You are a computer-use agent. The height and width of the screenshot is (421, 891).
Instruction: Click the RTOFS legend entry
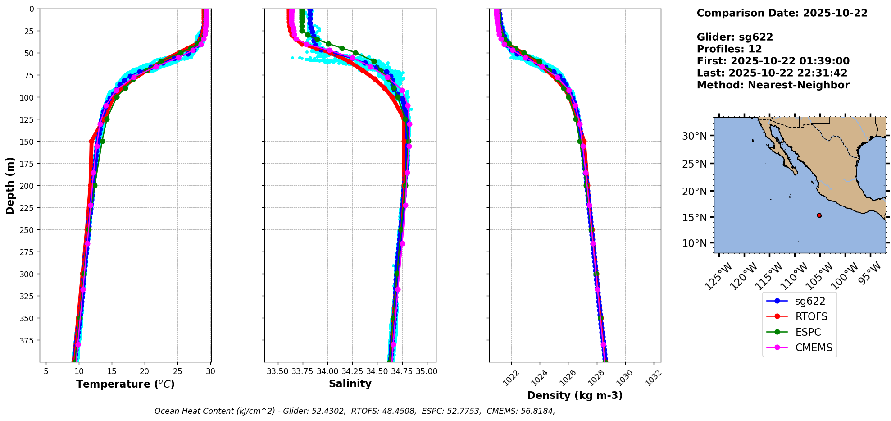[811, 317]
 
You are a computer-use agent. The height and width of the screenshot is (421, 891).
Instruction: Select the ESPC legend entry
[808, 332]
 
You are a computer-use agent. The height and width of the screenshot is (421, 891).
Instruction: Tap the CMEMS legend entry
[814, 348]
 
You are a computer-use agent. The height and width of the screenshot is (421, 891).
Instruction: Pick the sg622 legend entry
[810, 301]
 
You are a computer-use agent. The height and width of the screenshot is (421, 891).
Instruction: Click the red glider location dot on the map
[819, 215]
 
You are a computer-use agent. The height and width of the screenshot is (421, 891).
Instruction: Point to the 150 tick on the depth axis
[28, 142]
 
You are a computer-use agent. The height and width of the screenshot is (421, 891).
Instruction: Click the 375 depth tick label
[28, 340]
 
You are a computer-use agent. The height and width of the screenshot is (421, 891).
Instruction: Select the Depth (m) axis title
[10, 186]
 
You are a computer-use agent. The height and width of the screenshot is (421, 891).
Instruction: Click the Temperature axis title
[125, 384]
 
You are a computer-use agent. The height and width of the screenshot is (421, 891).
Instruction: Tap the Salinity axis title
[350, 384]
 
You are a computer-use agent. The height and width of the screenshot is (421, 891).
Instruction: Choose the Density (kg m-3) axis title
[575, 395]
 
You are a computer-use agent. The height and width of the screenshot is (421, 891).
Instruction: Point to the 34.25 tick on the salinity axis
[352, 371]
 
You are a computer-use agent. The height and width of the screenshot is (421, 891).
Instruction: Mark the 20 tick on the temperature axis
[145, 371]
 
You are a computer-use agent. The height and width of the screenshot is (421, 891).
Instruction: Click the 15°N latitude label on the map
[694, 217]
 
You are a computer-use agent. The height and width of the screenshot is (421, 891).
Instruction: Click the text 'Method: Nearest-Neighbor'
[773, 85]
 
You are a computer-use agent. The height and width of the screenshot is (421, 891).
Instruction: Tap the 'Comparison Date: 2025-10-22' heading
[782, 13]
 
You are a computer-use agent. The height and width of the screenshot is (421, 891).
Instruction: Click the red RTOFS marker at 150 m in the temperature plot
[92, 142]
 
